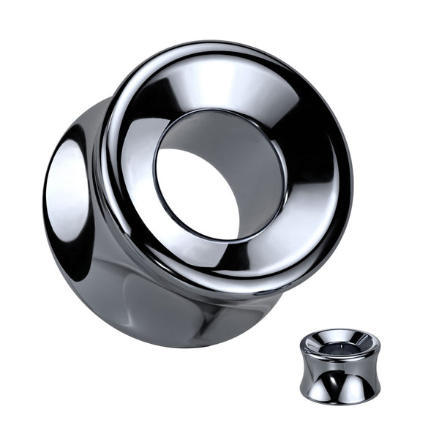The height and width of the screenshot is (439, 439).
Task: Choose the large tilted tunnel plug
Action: click(198, 190)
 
